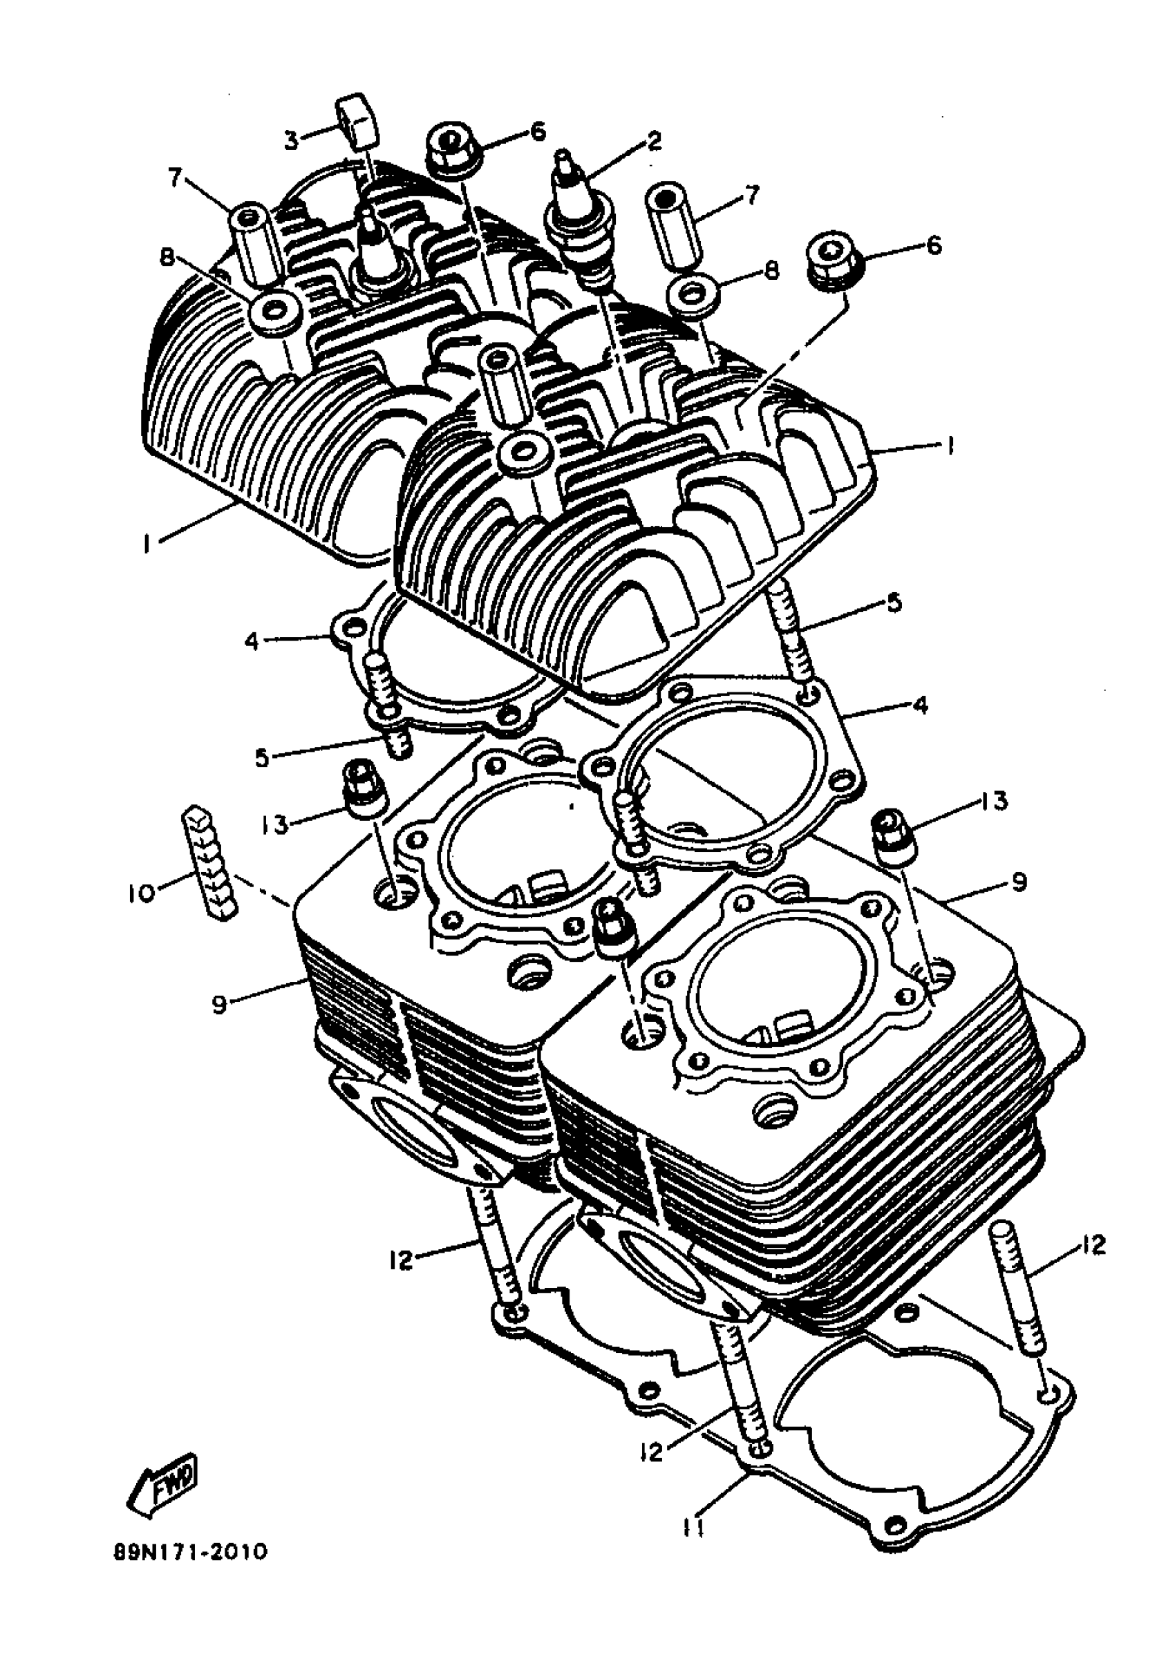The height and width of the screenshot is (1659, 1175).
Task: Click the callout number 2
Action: pos(654,140)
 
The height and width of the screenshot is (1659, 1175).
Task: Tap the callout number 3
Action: pos(292,140)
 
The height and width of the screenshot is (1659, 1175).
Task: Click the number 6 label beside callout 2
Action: pos(536,131)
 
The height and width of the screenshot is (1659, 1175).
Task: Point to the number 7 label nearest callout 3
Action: pos(176,177)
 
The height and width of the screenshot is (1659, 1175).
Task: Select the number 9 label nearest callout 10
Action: pos(220,1003)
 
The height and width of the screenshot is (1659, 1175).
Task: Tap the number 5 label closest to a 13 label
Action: pos(262,758)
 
